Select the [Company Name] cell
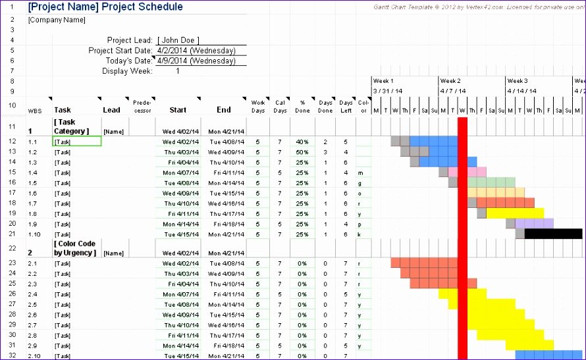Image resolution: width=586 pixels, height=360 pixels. click(x=57, y=20)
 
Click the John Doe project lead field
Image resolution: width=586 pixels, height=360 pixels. click(x=178, y=40)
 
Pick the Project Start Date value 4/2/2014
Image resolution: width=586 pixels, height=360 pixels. click(x=196, y=51)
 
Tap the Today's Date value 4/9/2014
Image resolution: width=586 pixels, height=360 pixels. click(x=196, y=61)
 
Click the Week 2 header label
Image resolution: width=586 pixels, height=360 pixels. click(x=450, y=81)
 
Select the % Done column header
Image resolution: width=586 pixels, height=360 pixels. click(x=302, y=106)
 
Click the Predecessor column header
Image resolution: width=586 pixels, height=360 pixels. click(x=142, y=106)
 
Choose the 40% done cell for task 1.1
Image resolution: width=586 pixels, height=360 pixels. click(x=302, y=141)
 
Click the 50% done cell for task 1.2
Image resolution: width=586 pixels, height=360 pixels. click(x=302, y=152)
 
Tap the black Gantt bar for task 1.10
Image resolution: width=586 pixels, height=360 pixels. click(x=553, y=234)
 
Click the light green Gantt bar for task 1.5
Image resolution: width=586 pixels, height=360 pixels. click(x=491, y=182)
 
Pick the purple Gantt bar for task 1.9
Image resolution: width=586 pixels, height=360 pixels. click(x=534, y=224)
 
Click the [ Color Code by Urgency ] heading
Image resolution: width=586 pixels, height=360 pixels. click(x=74, y=248)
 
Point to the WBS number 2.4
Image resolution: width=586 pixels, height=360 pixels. click(x=33, y=294)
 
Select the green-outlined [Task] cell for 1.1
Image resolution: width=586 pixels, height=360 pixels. click(x=77, y=141)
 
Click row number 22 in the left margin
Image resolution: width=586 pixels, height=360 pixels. click(x=11, y=248)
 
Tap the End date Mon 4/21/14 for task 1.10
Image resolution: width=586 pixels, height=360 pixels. click(x=226, y=234)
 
